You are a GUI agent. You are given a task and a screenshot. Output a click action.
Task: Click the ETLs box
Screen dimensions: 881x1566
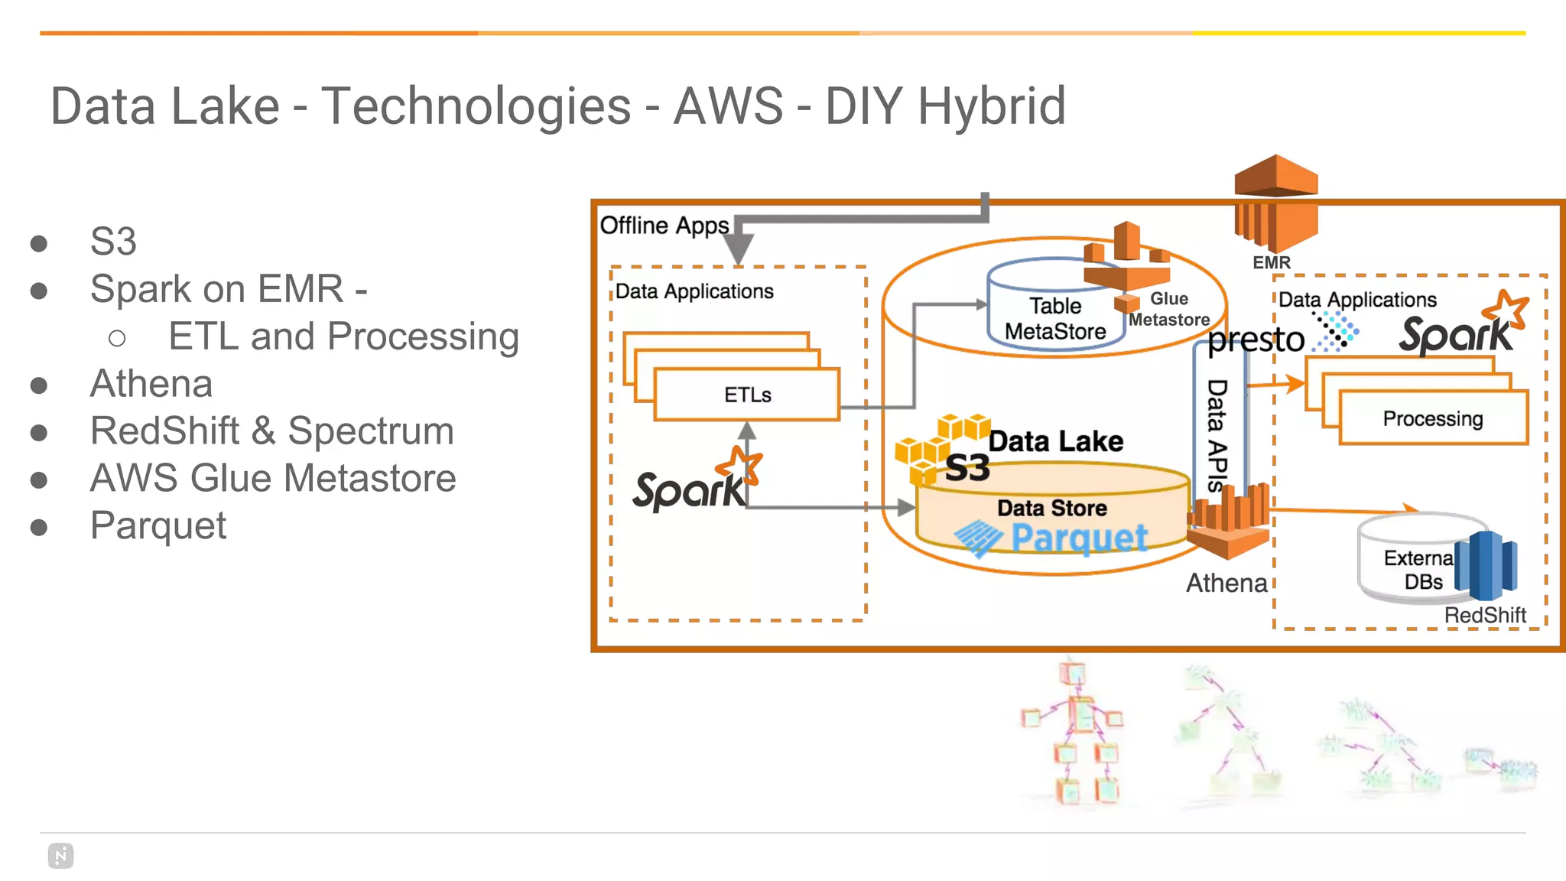(x=747, y=395)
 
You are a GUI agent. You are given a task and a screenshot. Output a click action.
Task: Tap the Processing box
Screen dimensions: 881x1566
(x=1432, y=418)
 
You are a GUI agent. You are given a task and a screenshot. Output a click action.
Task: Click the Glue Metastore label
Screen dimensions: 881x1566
(x=1169, y=309)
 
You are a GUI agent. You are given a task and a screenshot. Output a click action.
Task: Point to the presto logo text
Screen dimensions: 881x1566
(x=1256, y=340)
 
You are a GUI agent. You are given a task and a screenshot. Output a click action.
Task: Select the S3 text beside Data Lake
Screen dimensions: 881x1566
(x=967, y=468)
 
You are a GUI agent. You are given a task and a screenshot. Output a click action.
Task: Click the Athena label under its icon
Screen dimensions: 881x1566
(x=1226, y=583)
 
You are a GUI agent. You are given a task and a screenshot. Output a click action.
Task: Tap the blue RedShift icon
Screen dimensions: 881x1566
(x=1485, y=565)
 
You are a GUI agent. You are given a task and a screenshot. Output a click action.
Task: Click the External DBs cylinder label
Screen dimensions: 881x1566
(x=1419, y=570)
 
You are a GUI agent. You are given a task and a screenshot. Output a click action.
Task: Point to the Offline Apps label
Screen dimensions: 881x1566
(x=664, y=226)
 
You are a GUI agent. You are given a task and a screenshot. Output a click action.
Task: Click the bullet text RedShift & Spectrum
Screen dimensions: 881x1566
(x=271, y=431)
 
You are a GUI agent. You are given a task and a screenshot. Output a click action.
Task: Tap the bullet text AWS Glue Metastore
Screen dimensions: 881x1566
(x=273, y=478)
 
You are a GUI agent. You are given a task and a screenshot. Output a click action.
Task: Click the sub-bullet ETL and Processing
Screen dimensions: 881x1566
(x=343, y=336)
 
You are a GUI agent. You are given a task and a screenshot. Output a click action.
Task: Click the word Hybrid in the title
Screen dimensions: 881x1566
(x=991, y=106)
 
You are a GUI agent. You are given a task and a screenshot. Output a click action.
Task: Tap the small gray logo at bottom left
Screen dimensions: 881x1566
(x=60, y=856)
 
